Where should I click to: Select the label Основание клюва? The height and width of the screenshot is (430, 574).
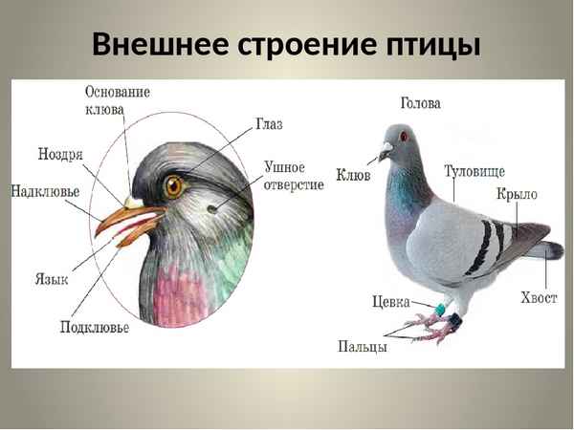[118, 100]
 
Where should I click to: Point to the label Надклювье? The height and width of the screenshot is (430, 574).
[45, 191]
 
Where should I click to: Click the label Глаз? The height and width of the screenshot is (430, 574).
[269, 125]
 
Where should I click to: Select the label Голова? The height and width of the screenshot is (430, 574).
[420, 103]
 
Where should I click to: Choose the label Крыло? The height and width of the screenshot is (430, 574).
[517, 195]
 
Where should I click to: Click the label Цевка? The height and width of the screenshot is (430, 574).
[390, 302]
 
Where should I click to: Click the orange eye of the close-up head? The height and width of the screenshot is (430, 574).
[173, 185]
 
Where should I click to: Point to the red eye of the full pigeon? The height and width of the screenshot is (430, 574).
[404, 137]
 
